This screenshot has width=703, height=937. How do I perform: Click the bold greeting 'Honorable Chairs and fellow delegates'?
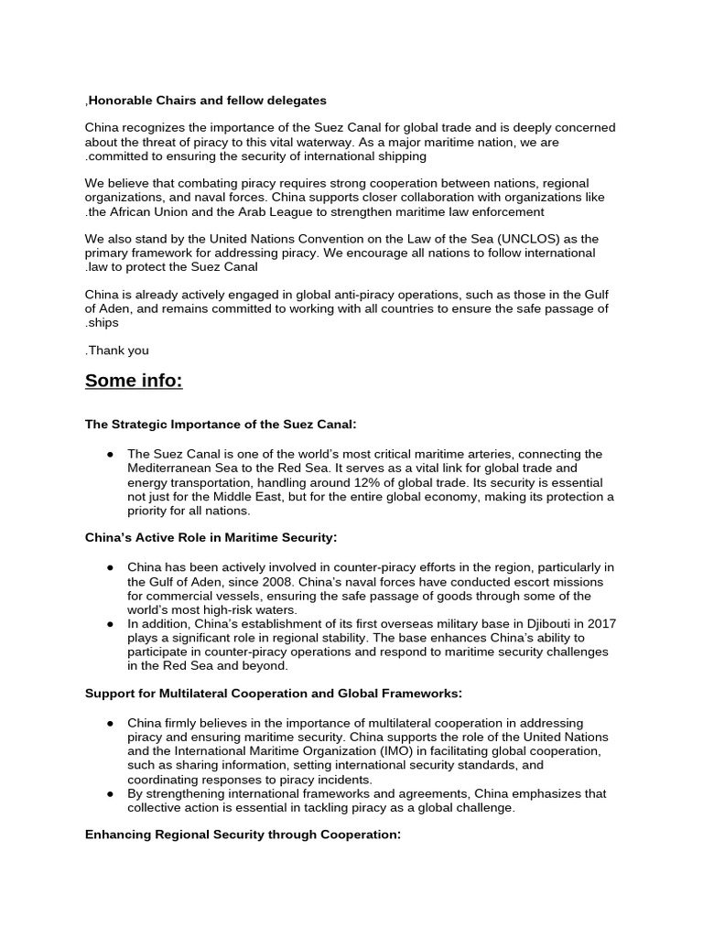point(206,100)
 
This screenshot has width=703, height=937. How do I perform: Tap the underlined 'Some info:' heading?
point(134,381)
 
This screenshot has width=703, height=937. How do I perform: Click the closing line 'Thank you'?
point(118,350)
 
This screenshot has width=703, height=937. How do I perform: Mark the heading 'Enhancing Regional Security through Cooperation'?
point(243,835)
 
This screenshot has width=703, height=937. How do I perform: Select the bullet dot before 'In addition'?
point(110,623)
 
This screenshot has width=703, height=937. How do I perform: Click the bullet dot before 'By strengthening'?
point(110,793)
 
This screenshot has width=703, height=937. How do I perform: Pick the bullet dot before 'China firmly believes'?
point(110,723)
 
